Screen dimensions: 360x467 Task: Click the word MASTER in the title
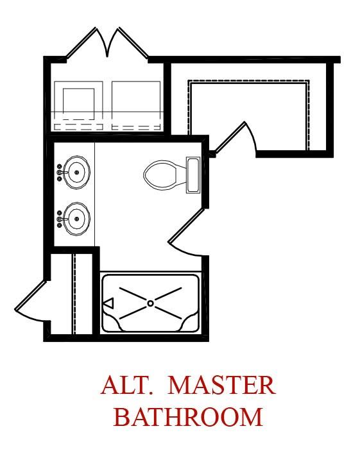[222, 385]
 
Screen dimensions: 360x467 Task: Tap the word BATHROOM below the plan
[188, 417]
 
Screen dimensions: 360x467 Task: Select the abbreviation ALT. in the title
[127, 385]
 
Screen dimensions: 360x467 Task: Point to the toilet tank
[193, 175]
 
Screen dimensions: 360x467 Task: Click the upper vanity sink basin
[76, 172]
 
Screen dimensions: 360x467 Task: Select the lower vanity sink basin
[76, 219]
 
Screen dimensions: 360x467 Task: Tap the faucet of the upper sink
[60, 172]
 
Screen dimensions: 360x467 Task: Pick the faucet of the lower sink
[60, 219]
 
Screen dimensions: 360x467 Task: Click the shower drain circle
[150, 303]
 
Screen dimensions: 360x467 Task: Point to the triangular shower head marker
[108, 303]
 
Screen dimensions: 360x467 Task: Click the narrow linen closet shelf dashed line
[74, 294]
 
